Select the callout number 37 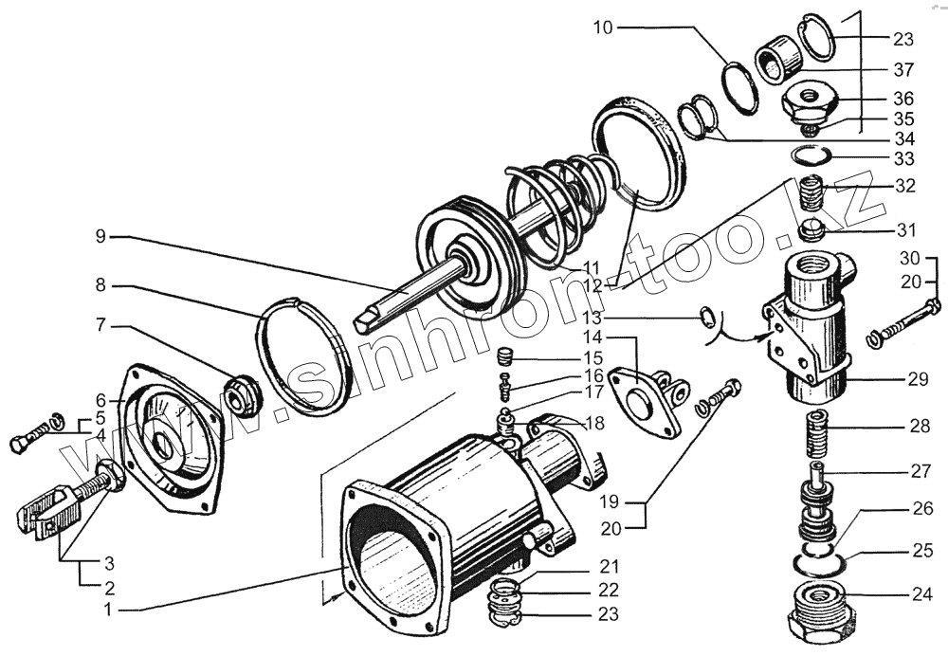pyautogui.click(x=902, y=68)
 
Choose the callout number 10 pyautogui.click(x=604, y=27)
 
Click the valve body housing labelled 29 pyautogui.click(x=811, y=327)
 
